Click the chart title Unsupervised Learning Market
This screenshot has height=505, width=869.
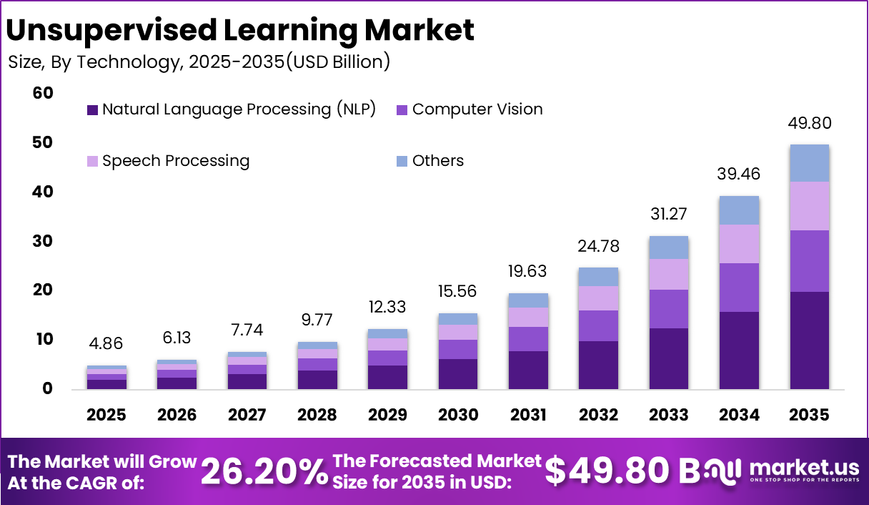(x=240, y=30)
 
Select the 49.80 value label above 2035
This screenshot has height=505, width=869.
(x=809, y=123)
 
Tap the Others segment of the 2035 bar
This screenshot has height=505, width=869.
(x=809, y=163)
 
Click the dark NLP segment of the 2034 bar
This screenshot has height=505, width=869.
(x=739, y=350)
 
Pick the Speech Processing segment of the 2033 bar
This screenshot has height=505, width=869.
(x=669, y=274)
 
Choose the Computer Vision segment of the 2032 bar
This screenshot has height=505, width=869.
(x=599, y=325)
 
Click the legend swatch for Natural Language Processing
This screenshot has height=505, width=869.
(x=92, y=110)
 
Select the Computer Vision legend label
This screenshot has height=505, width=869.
(x=477, y=109)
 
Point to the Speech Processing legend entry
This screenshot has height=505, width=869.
(x=176, y=161)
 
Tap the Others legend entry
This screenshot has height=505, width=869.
(x=437, y=161)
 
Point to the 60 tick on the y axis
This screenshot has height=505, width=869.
(x=43, y=93)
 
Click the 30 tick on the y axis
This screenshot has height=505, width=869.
(x=43, y=241)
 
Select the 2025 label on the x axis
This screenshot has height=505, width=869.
(x=106, y=416)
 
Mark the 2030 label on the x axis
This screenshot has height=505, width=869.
(x=458, y=416)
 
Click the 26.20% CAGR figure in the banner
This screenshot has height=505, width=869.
(x=264, y=471)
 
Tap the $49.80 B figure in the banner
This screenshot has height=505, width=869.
(x=622, y=471)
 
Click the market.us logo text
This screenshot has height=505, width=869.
(x=803, y=468)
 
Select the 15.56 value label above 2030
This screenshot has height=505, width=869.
(x=458, y=292)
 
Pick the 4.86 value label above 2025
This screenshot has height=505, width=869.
(x=106, y=345)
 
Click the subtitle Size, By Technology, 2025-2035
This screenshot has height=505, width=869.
(x=199, y=62)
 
